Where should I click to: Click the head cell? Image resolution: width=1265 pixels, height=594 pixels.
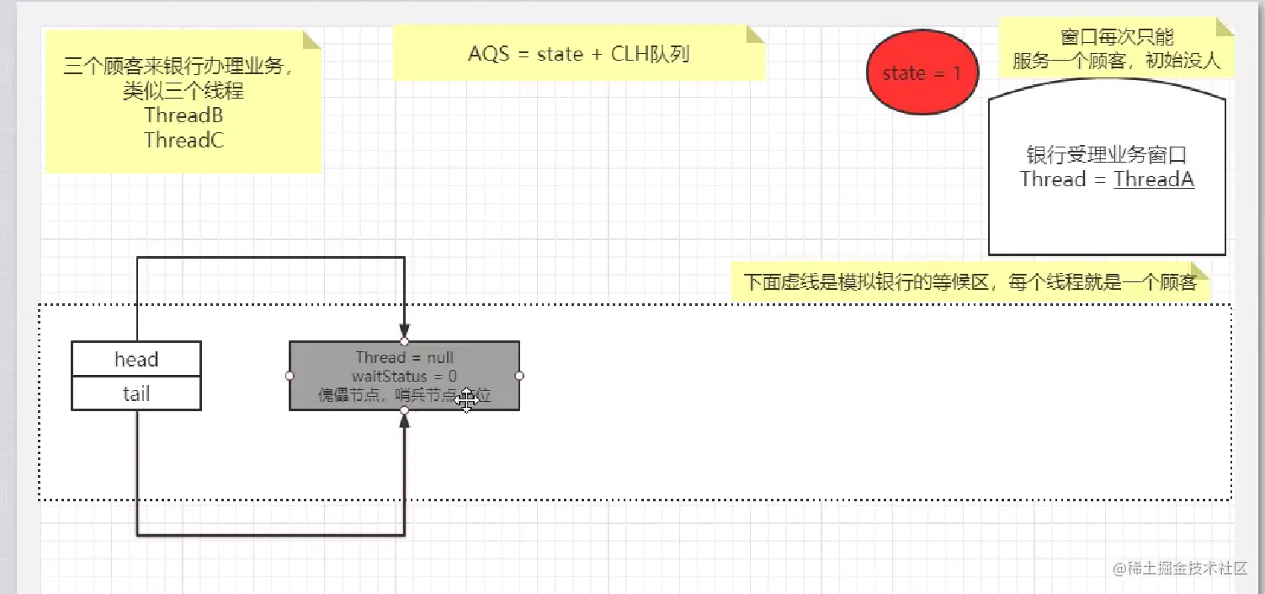(136, 359)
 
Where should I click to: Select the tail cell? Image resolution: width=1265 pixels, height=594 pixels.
(136, 393)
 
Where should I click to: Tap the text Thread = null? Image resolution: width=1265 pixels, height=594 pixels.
(404, 358)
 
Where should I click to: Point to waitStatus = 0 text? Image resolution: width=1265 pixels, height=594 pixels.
(404, 376)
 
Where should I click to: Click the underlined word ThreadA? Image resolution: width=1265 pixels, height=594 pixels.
(1154, 179)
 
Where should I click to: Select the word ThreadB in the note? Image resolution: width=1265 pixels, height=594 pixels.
(183, 115)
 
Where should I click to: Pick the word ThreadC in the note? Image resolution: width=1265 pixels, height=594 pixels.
(183, 140)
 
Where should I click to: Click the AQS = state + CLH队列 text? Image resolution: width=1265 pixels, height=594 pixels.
(578, 54)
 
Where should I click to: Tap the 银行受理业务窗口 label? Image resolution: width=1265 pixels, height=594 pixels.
(1107, 155)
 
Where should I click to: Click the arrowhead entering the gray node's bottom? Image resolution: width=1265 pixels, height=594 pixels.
(404, 420)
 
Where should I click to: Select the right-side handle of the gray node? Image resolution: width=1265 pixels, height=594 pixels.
(519, 376)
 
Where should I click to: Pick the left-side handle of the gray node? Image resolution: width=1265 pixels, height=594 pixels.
(290, 376)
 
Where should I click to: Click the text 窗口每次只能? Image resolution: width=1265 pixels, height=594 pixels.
(1117, 37)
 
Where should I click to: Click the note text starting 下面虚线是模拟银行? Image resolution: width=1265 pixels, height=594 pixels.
(969, 281)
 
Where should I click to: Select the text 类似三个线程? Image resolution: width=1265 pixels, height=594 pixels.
(183, 91)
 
